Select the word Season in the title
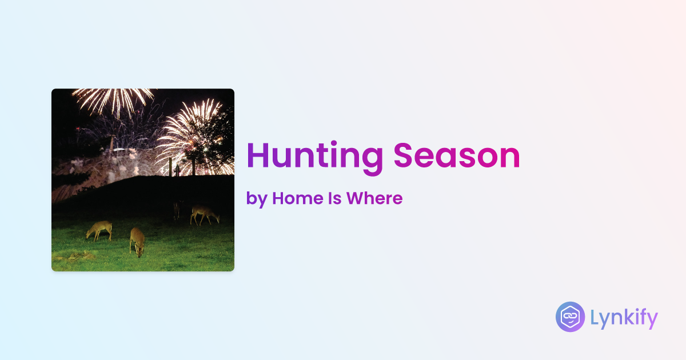click(457, 155)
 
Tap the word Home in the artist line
click(297, 198)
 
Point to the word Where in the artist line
click(374, 198)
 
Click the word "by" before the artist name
click(257, 199)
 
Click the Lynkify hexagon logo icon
click(570, 317)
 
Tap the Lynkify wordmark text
click(624, 318)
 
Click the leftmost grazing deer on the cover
click(99, 230)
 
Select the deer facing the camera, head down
click(137, 242)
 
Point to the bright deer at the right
click(205, 215)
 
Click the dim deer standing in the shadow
click(177, 209)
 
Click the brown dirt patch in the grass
click(79, 256)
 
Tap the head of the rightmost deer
click(217, 219)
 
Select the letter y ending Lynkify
click(651, 321)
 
